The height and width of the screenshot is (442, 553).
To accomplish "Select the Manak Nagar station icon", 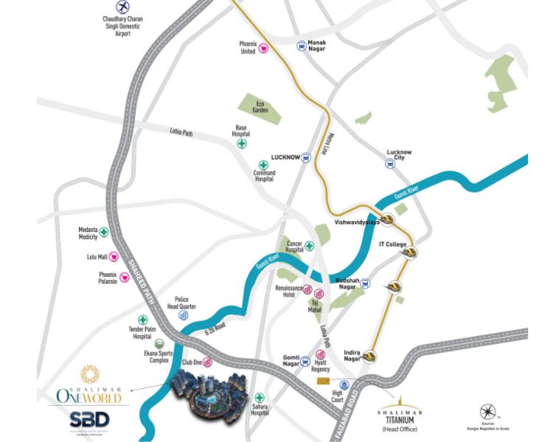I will pos(302,46).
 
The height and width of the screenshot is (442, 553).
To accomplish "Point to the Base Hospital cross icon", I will pos(241,144).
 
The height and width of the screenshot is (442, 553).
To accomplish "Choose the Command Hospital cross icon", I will pos(263,165).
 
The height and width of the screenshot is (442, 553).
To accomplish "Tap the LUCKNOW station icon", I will pos(305,157).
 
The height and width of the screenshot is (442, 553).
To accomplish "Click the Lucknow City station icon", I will pos(390,164).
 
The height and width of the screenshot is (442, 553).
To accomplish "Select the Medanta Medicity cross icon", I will pos(105,232).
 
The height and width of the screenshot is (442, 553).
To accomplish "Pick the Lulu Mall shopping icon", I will pos(114,257).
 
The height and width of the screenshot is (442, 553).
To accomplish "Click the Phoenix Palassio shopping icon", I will pos(125,277).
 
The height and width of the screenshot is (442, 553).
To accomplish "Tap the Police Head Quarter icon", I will pos(183,315).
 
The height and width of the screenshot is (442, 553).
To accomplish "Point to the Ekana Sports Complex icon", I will pos(159,343).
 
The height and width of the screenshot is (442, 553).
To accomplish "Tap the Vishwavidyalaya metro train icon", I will pos(386,220).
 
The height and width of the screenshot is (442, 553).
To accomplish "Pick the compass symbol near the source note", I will pos(487,412).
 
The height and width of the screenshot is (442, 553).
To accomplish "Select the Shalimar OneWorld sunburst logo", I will pos(88,375).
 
